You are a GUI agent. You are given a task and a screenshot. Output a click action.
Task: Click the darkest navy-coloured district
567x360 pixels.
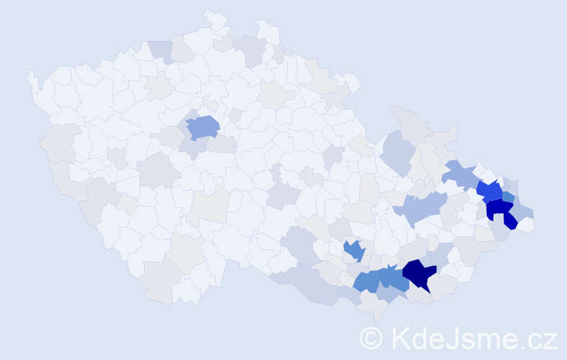point(419,273)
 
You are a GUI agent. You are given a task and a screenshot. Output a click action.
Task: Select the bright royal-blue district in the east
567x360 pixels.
point(490,191)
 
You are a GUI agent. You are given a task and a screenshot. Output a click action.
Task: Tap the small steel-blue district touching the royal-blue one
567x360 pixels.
point(508,197)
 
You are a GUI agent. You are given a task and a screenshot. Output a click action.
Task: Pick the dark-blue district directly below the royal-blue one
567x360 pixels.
point(499,211)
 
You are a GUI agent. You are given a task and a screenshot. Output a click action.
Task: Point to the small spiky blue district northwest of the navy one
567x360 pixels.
point(353,250)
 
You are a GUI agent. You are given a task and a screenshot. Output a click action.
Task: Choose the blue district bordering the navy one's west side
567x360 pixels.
point(392,277)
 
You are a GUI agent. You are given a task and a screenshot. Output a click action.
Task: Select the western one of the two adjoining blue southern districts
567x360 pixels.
point(366,281)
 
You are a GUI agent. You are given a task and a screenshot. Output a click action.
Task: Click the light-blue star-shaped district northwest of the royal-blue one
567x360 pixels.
point(460,174)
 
